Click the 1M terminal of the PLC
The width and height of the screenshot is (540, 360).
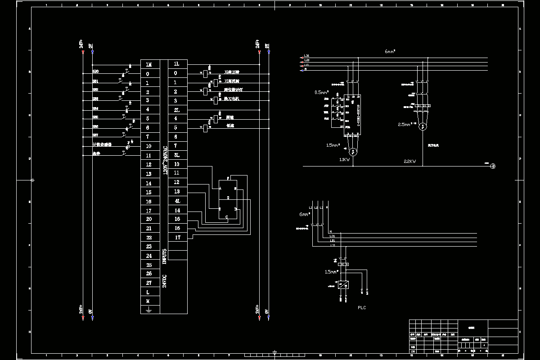148,64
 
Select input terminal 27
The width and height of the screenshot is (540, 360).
148,283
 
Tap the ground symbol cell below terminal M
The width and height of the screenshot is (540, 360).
148,310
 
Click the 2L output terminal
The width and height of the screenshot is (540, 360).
177,110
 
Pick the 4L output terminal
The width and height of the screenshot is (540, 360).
177,201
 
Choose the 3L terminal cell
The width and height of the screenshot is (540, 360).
177,155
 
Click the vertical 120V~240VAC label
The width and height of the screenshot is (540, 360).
165,160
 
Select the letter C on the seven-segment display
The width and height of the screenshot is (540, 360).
227,217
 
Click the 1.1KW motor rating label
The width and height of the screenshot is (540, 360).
344,160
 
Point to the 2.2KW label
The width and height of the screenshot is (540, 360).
410,161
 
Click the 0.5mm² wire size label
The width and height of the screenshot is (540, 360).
322,92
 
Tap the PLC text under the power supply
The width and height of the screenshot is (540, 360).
362,308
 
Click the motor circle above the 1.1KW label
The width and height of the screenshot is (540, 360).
353,151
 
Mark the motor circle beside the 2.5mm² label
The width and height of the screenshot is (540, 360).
422,127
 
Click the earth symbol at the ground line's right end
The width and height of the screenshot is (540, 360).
493,166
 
